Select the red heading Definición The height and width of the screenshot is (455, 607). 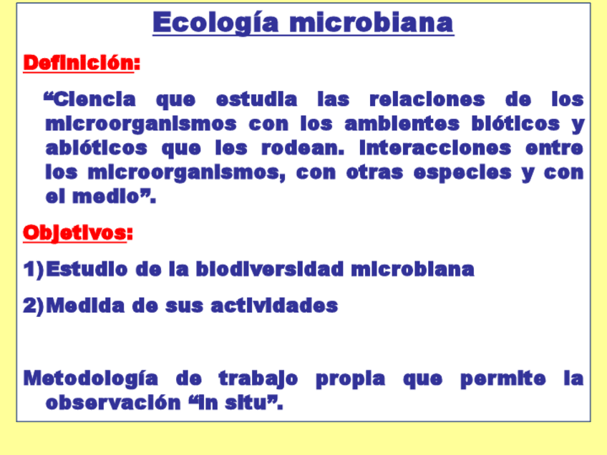click(x=78, y=63)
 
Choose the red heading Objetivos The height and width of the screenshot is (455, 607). click(x=74, y=233)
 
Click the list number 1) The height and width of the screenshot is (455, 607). click(x=34, y=270)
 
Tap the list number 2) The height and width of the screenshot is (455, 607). click(x=34, y=306)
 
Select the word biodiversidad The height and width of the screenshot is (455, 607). click(x=270, y=270)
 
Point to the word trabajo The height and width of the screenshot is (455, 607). click(x=258, y=378)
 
